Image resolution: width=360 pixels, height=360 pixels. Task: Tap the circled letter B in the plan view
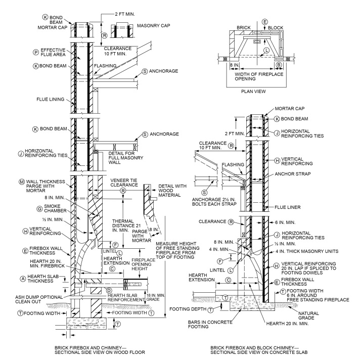coord(279,65)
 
